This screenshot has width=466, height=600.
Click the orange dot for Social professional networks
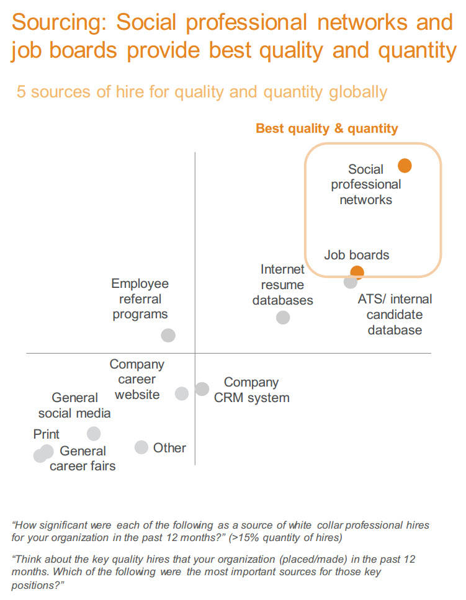(x=405, y=166)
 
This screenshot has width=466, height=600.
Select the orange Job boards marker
(x=357, y=272)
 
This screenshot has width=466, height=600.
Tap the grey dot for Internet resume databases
(x=283, y=317)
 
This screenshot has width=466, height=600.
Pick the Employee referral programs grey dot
(x=168, y=335)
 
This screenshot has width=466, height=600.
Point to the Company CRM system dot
(x=202, y=389)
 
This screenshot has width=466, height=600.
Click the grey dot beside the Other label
(x=141, y=447)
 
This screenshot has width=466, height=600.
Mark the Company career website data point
(x=182, y=393)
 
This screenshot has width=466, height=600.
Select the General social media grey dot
(x=94, y=434)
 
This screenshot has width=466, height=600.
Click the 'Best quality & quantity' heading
(x=327, y=128)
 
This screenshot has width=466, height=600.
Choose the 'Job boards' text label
(x=357, y=255)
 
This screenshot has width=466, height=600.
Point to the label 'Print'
(x=47, y=434)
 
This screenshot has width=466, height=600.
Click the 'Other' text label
(x=169, y=448)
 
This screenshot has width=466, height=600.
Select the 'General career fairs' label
(x=83, y=459)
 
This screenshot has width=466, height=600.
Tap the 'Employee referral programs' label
(x=140, y=299)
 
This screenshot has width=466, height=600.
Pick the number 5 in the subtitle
(x=21, y=92)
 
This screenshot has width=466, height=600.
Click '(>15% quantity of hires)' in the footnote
(x=285, y=537)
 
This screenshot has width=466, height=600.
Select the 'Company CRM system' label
(x=251, y=390)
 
